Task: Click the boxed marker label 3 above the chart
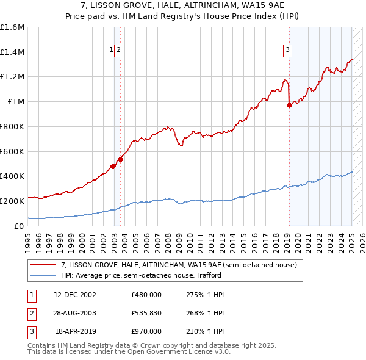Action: (x=287, y=51)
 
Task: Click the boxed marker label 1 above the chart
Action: (x=112, y=51)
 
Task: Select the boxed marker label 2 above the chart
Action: (x=120, y=51)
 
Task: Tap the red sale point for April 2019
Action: (x=290, y=105)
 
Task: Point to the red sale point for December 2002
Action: (x=113, y=166)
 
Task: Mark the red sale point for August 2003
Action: (x=121, y=159)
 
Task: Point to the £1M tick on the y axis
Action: (x=15, y=102)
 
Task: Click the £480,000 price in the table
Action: (x=146, y=295)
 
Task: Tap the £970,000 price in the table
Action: (x=146, y=331)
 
